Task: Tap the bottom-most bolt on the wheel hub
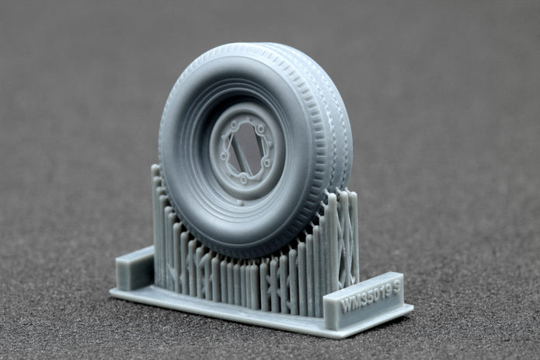(x=243, y=180)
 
